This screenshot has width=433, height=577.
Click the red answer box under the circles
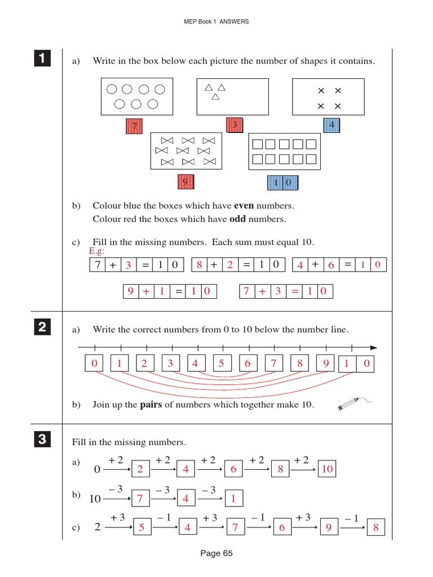134,126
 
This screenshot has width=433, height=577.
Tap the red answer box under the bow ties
185,182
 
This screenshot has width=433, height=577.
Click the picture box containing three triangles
232,96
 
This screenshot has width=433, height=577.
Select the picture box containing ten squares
284,151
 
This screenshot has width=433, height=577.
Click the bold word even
244,206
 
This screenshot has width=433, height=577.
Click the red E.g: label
96,251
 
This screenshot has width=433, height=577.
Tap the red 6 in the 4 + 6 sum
331,265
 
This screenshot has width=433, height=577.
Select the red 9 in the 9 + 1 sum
130,291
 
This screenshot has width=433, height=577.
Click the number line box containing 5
222,364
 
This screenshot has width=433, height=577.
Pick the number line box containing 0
94,364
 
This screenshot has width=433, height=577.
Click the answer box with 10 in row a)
328,469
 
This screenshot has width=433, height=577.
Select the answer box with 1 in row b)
233,498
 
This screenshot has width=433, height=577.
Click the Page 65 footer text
216,553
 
